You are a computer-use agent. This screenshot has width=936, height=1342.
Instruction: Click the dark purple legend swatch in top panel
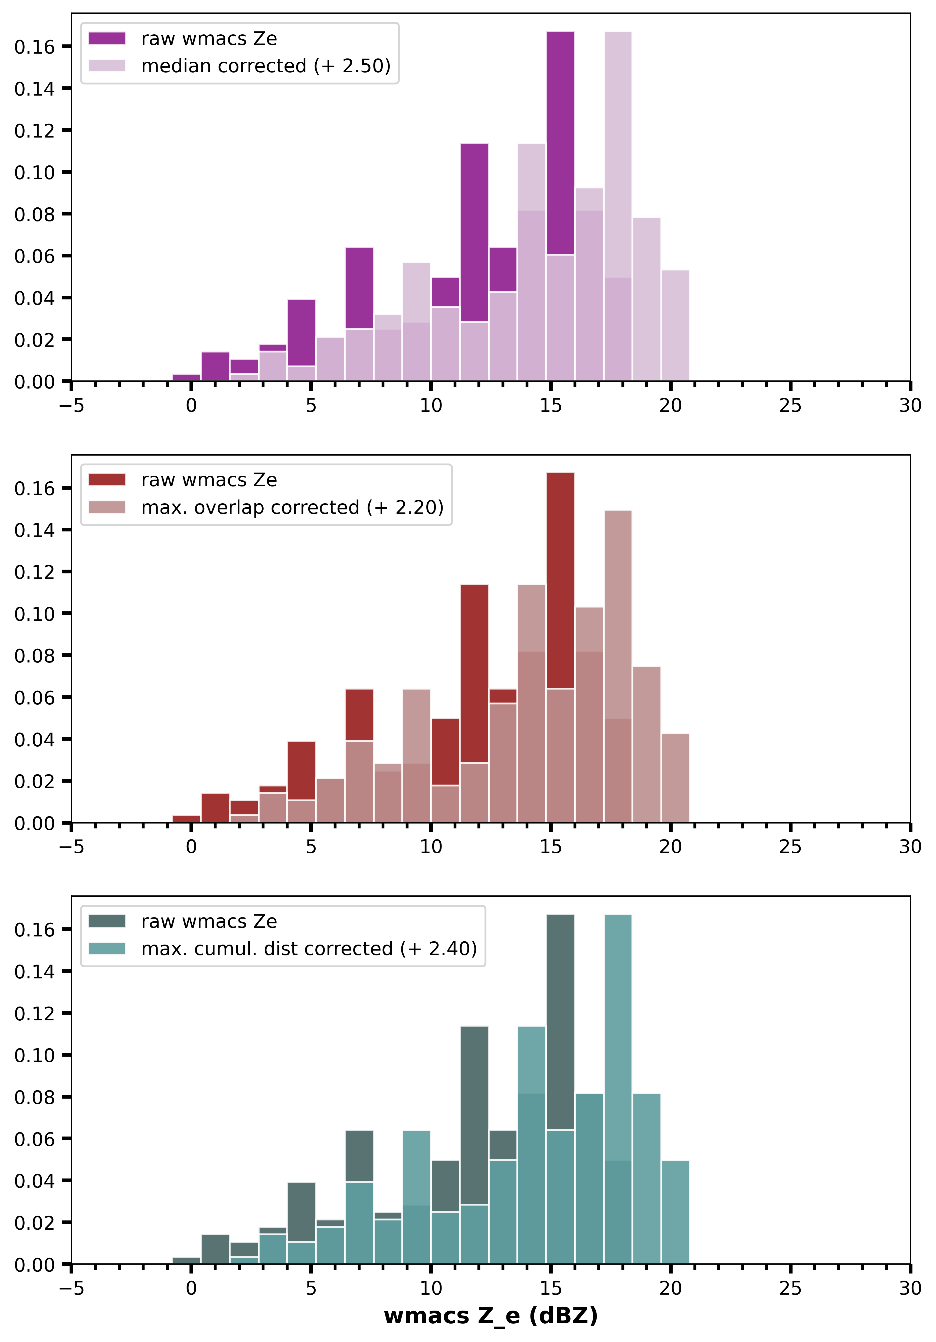tap(107, 38)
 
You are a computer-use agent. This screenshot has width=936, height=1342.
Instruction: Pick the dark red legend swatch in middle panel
tap(107, 480)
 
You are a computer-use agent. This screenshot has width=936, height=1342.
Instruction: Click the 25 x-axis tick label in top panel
tap(790, 406)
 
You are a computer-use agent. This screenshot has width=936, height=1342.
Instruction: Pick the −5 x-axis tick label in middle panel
tap(71, 847)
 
